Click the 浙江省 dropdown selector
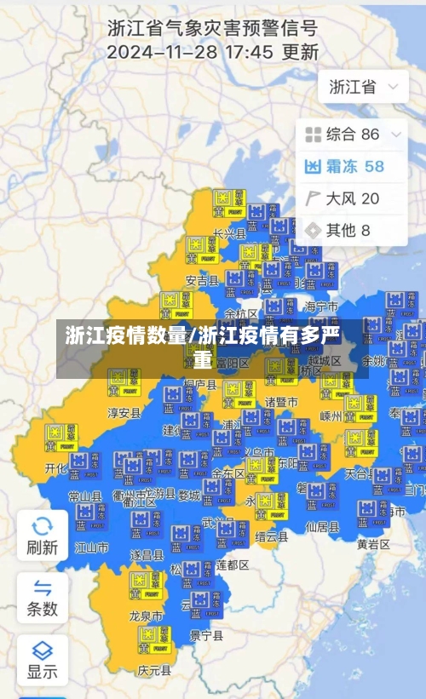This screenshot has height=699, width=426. [362, 87]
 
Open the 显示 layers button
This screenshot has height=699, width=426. [42, 659]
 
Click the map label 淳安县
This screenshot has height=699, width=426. [124, 413]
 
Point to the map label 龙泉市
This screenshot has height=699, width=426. [146, 616]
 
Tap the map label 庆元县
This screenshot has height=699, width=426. [154, 671]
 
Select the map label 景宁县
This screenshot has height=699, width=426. [206, 635]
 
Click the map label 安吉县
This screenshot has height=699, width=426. [202, 279]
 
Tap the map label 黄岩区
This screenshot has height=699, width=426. [373, 543]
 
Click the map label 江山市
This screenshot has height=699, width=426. [91, 547]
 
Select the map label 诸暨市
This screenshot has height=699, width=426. [281, 401]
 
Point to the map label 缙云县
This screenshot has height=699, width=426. [271, 537]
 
